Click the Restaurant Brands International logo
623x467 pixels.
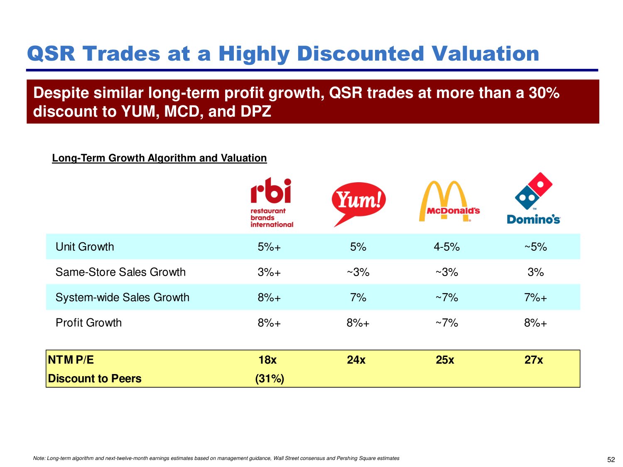coord(272,203)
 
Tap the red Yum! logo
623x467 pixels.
coord(358,204)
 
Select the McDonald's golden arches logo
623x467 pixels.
coord(449,201)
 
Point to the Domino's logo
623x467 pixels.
coord(533,198)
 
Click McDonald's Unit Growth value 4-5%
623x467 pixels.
coord(446,247)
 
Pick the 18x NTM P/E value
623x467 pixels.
coord(267,360)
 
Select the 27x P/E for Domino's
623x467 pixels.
coord(534,360)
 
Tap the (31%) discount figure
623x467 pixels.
coord(270,379)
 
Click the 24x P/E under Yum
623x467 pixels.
coord(356,360)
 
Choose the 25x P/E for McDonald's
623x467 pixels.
coord(445,360)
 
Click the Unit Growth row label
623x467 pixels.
coord(85,247)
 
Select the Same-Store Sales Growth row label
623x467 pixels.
coord(120,272)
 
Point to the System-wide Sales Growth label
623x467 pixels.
coord(123,298)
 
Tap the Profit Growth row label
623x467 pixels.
coord(88,323)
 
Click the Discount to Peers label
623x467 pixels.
coord(95,379)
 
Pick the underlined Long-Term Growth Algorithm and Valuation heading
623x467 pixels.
coord(159,158)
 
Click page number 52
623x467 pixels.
coord(611,460)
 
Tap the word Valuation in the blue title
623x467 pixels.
coord(485,54)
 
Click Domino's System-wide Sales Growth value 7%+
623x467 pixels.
coord(535,298)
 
